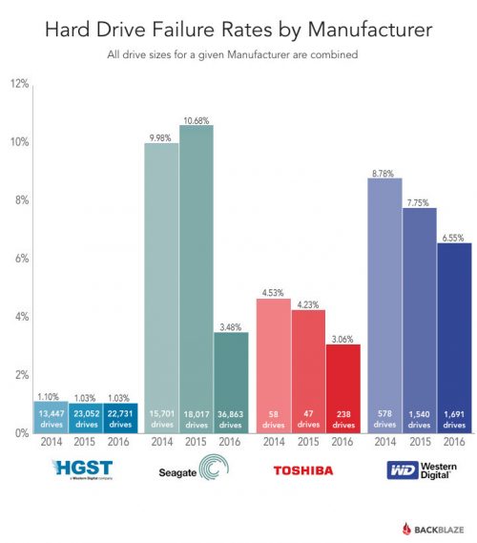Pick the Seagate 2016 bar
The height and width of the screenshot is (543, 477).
pyautogui.click(x=230, y=382)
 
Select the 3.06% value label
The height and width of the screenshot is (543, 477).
pyautogui.click(x=342, y=339)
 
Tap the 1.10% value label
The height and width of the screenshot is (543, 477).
pyautogui.click(x=52, y=395)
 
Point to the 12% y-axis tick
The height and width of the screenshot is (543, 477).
pyautogui.click(x=18, y=84)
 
